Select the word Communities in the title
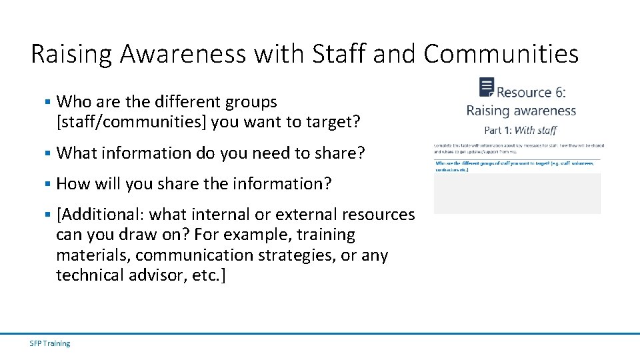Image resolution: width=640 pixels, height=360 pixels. point(501,53)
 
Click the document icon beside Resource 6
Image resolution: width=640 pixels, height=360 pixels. point(487,87)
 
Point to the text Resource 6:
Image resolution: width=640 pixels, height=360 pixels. point(531,92)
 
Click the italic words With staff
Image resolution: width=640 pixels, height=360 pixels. point(535,130)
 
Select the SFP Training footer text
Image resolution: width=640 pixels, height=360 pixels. point(50,343)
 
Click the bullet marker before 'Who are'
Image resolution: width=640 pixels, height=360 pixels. point(47,102)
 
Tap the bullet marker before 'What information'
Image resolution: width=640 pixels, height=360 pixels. point(47,153)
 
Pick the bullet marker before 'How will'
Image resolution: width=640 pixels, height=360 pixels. point(47,183)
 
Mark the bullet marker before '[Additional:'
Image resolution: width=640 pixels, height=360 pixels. point(47,214)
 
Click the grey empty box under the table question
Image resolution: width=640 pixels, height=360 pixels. point(517,193)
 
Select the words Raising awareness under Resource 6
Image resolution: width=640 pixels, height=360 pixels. point(521,111)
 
